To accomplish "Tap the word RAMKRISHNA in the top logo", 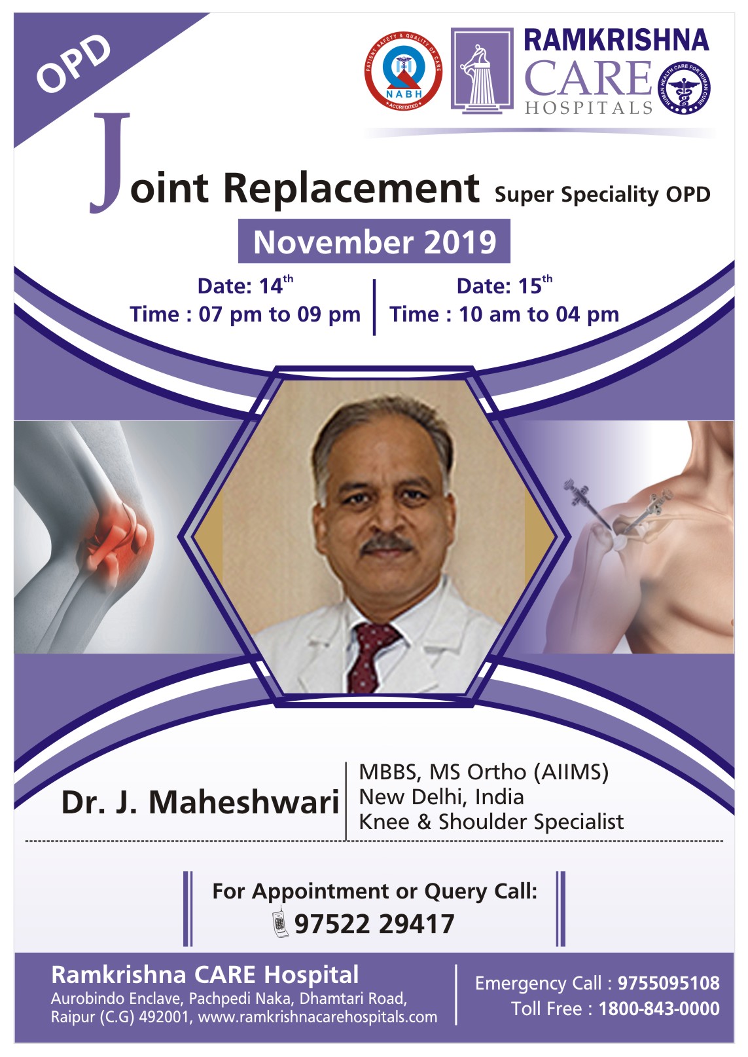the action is click(x=616, y=41).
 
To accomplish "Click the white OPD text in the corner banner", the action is click(x=73, y=63).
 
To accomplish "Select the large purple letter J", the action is click(x=109, y=163).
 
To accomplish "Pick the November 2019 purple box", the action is click(x=374, y=241).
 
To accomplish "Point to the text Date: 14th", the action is click(x=245, y=285).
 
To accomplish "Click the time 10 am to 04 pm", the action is click(x=539, y=314).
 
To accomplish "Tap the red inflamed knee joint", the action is click(x=120, y=537).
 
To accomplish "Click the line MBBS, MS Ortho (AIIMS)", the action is click(x=484, y=773).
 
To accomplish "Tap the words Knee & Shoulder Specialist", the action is click(x=491, y=823).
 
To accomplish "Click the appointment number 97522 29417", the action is click(x=374, y=924).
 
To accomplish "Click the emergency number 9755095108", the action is click(x=669, y=983).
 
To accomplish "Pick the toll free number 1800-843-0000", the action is click(x=660, y=1009).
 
